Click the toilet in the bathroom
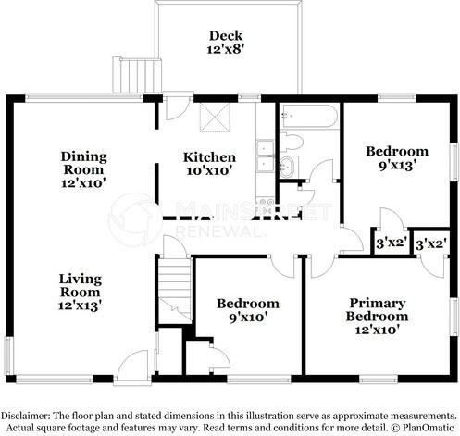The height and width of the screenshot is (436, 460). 291,143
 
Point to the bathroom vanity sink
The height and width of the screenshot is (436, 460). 288,167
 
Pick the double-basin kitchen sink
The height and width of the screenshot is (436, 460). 265,156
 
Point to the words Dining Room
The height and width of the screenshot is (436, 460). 83,163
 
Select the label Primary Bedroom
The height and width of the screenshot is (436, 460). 379,309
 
